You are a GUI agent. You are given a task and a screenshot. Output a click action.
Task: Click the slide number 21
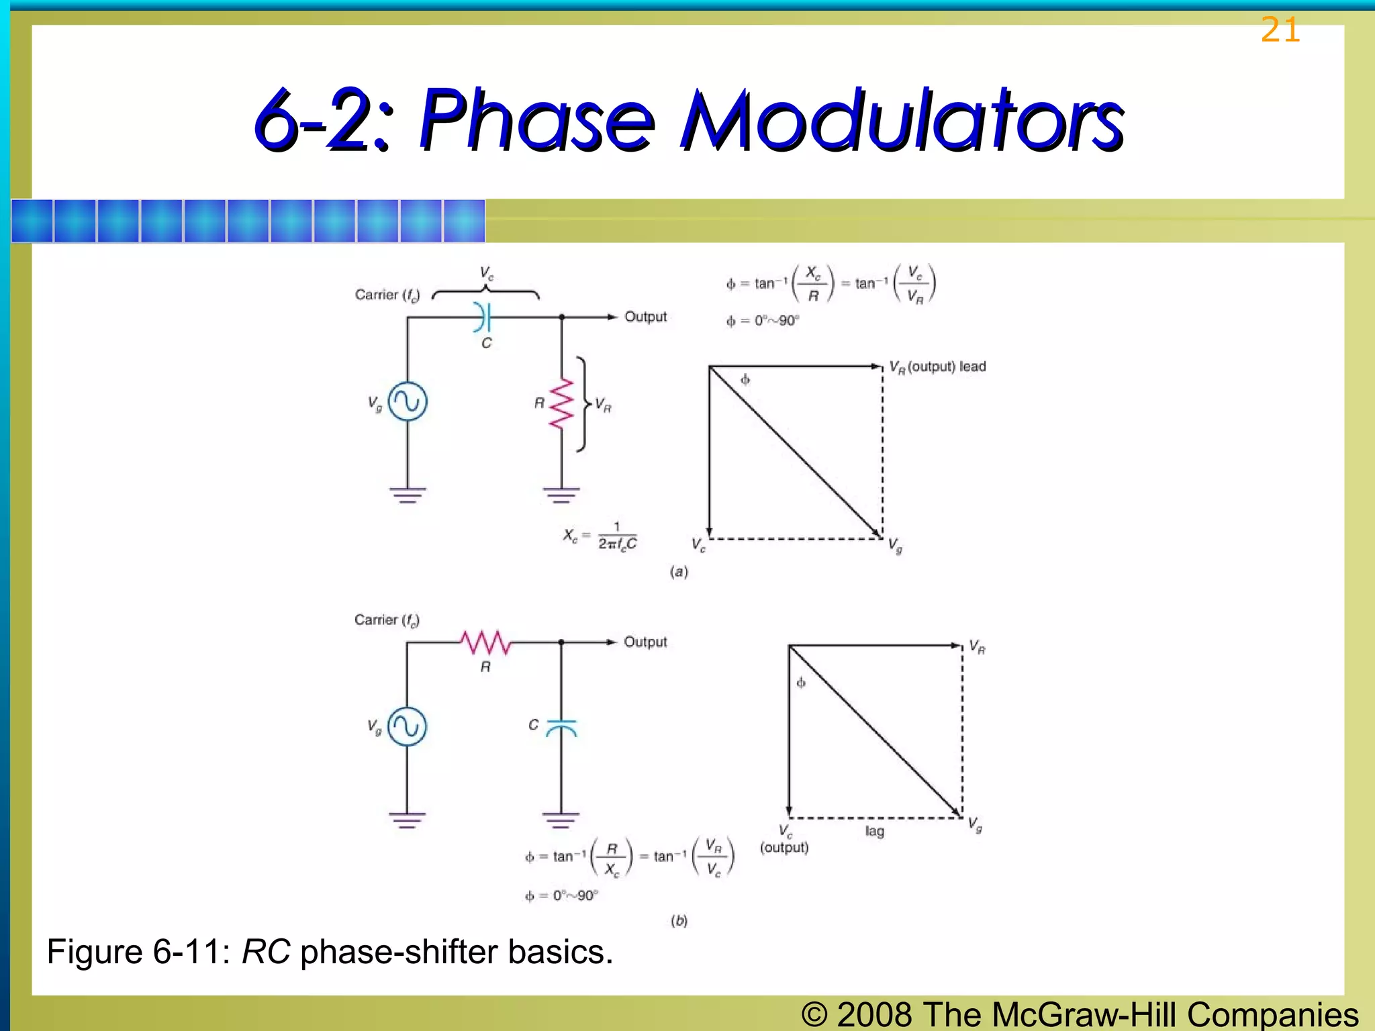pos(1280,31)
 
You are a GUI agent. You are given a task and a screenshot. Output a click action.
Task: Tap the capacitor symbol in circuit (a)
pos(483,317)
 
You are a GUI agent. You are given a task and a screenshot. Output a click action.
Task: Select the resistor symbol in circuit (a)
pos(561,403)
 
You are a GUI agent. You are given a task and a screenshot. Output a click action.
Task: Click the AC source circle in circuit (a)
pos(408,401)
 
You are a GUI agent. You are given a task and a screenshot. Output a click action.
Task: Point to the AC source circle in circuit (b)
pos(407,726)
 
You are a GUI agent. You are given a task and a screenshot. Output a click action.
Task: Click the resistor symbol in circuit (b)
pos(485,642)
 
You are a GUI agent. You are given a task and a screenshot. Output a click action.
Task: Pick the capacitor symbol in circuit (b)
pos(561,728)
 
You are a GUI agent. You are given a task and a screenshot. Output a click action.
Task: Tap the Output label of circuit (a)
pos(645,317)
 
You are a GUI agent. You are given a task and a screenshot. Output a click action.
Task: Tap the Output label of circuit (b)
pos(645,642)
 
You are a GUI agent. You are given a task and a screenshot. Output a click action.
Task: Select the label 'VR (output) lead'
pos(937,367)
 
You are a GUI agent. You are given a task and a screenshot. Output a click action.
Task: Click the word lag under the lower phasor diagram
pos(874,831)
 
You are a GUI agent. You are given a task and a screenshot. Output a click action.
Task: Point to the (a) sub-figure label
pos(679,572)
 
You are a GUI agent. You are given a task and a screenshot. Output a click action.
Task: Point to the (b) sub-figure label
pos(679,921)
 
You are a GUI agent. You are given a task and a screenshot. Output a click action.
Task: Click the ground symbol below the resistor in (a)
pos(561,495)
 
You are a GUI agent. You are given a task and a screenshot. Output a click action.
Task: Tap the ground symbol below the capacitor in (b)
pos(561,820)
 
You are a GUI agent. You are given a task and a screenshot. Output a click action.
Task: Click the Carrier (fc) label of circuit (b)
pos(387,620)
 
